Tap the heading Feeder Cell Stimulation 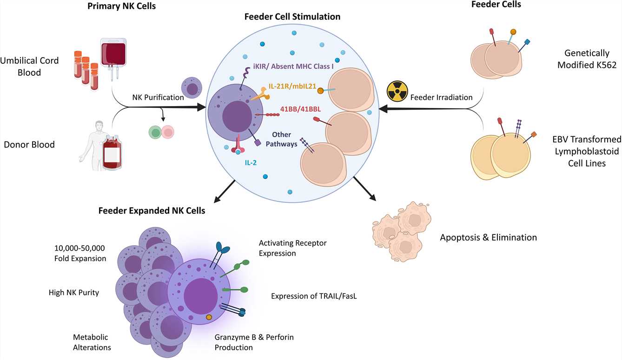click(292, 17)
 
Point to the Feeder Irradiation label click(441, 98)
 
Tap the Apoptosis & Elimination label click(488, 238)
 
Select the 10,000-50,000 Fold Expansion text click(80, 253)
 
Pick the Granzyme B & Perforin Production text click(254, 342)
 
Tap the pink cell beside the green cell click(168, 132)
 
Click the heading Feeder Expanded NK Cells click(152, 211)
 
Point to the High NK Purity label click(74, 293)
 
